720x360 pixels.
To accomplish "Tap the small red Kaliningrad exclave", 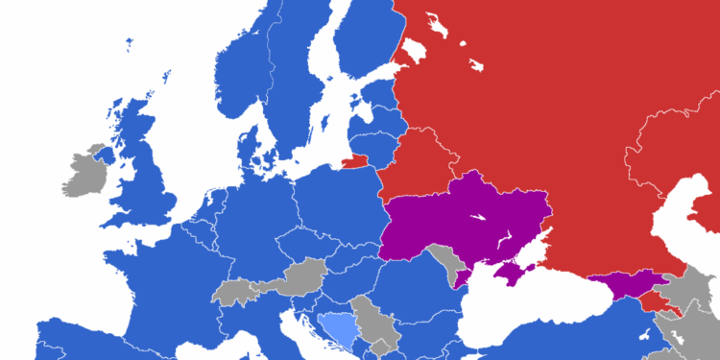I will (x=355, y=160).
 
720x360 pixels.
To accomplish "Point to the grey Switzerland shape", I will (x=232, y=290).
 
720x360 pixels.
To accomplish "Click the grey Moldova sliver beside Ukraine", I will (x=445, y=261).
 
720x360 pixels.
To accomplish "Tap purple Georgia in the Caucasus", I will (x=624, y=283).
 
